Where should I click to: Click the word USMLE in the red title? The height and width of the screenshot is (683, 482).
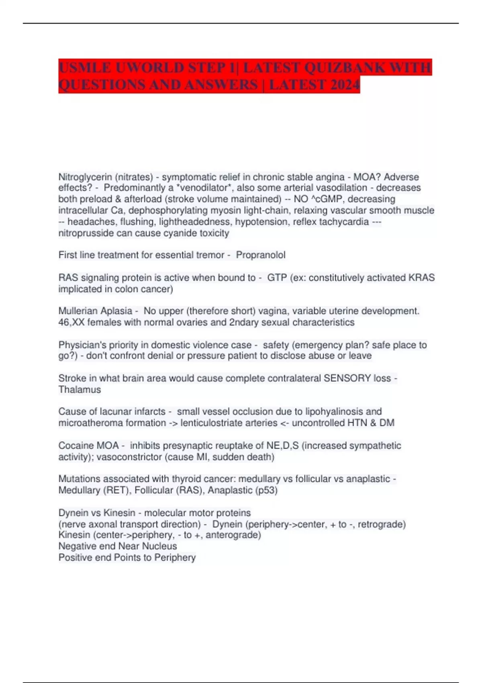[85, 67]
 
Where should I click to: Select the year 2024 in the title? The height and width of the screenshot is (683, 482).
[344, 85]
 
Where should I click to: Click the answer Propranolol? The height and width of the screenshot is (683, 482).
[261, 255]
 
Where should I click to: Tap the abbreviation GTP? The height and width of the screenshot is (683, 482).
[277, 278]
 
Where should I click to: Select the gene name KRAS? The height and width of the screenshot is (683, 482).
[421, 278]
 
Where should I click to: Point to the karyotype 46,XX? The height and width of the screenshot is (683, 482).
[71, 322]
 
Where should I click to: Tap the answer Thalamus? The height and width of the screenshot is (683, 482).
[80, 389]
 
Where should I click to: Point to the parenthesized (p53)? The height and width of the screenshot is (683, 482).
[266, 490]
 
